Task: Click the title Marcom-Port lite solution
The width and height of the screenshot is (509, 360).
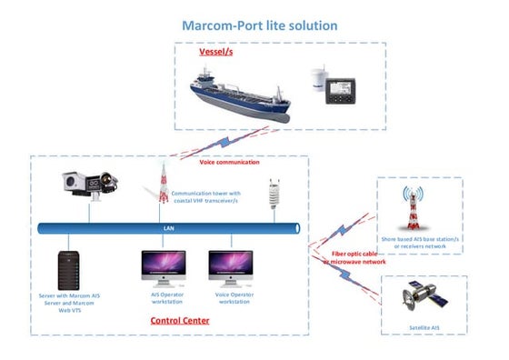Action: coord(259,25)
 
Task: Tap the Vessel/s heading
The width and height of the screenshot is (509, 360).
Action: coord(218,52)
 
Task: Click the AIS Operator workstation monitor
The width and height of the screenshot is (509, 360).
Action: coord(163,267)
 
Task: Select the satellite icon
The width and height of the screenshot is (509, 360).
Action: coord(421,298)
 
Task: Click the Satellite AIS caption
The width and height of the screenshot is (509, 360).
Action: coord(419,324)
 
